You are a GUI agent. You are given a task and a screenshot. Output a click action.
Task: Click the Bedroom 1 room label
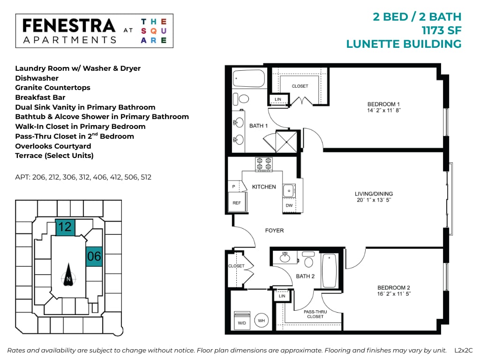383,104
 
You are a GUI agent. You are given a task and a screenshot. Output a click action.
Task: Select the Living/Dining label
374,194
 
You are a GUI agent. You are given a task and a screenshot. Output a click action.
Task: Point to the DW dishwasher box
289,205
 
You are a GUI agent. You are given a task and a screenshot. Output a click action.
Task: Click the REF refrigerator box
236,203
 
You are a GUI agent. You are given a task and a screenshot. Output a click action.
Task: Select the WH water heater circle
262,321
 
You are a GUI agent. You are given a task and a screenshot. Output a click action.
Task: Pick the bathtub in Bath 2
330,270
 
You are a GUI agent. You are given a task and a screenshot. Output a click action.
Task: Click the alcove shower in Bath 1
286,140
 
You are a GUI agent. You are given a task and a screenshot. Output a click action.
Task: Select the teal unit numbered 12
65,227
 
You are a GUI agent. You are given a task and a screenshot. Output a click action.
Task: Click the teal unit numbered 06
94,256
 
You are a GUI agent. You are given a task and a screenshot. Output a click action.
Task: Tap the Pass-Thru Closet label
315,314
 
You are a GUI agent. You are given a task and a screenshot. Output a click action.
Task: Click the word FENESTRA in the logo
68,26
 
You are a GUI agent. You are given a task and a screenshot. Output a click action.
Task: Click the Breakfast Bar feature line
40,97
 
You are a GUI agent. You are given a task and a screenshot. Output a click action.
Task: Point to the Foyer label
274,231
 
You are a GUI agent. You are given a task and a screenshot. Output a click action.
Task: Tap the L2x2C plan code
464,350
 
